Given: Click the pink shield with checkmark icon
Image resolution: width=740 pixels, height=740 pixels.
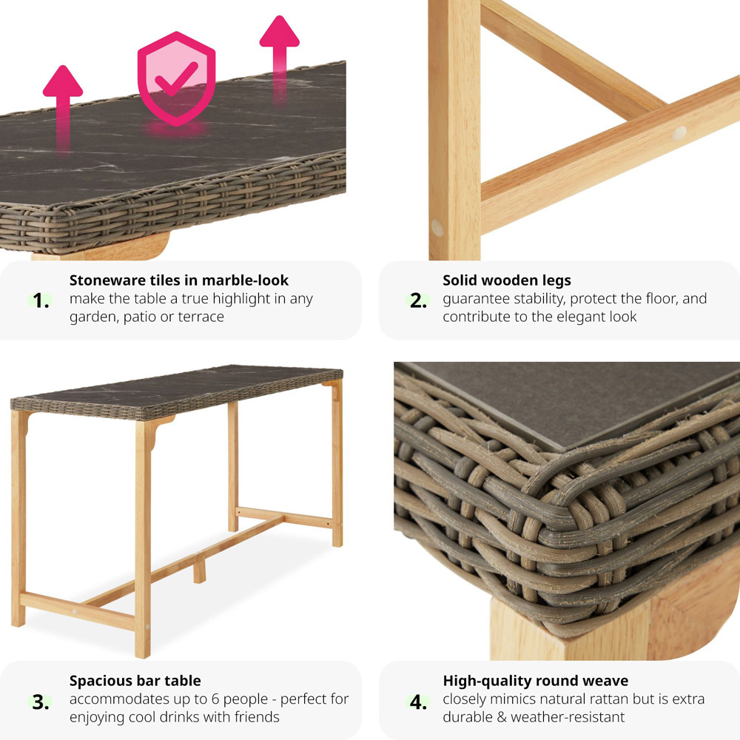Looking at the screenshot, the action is tap(177, 79).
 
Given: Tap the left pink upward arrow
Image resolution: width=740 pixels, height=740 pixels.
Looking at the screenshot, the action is tap(63, 109).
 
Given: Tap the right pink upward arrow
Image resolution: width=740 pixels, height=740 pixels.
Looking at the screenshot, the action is tap(280, 59).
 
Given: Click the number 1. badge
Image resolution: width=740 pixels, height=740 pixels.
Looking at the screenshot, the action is tap(41, 300).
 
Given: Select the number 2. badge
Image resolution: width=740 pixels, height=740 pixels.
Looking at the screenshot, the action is tap(418, 300).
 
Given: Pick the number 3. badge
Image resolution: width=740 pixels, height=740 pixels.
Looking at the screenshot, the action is tap(41, 702).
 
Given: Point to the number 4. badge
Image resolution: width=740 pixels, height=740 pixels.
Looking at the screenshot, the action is tap(418, 702).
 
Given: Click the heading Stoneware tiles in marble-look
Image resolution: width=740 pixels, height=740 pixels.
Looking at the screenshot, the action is tap(179, 280).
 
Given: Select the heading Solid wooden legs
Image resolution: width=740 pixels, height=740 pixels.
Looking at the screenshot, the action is tap(507, 280).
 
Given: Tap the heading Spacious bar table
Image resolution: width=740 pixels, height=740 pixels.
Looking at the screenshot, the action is tap(135, 681).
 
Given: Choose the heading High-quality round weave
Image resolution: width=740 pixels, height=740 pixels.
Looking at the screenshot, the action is tap(536, 681).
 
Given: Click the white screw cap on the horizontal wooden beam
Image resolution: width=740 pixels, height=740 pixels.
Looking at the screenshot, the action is tap(679, 133).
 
